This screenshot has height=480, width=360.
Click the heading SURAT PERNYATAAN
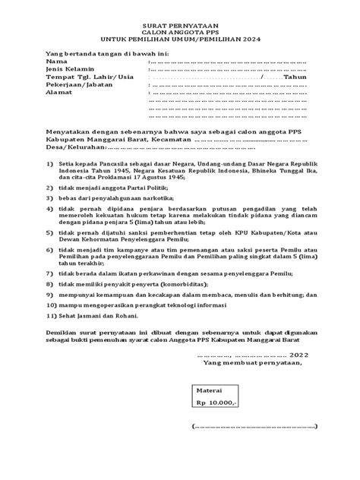(x=180, y=25)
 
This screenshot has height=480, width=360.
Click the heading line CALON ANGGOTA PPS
(x=180, y=33)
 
